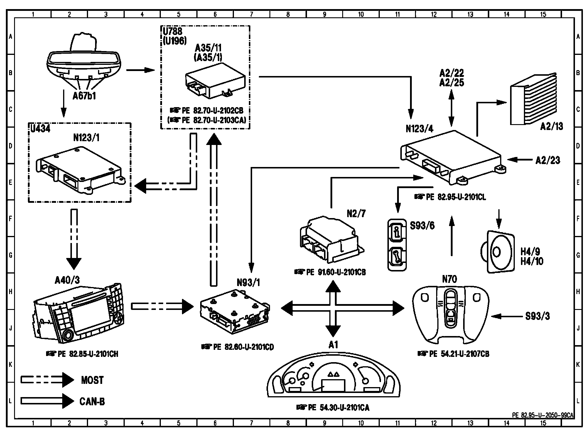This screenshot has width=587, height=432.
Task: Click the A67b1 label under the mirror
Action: click(84, 96)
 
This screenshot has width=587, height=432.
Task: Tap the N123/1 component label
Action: click(86, 138)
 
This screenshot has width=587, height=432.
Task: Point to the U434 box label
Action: click(40, 129)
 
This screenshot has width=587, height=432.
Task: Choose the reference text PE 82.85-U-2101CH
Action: click(82, 354)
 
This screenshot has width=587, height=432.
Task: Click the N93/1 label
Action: click(248, 282)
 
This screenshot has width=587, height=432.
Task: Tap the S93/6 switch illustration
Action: click(397, 244)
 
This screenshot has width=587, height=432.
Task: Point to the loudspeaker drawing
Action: click(498, 252)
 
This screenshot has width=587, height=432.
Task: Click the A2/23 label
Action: click(548, 160)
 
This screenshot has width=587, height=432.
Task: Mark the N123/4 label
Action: click(419, 129)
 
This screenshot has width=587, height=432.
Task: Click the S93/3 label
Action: click(537, 316)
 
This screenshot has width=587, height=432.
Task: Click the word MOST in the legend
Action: click(92, 380)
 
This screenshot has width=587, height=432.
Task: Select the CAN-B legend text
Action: click(92, 401)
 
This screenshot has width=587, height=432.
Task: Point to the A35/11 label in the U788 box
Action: click(208, 48)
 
